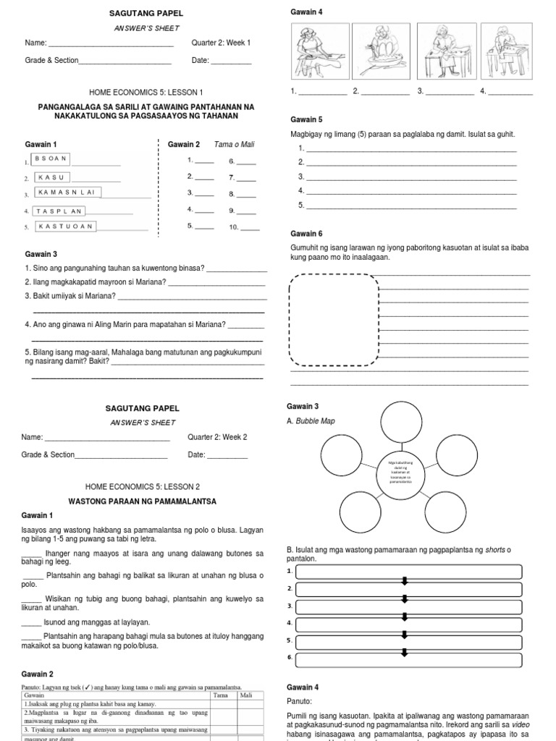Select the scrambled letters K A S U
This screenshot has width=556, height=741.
pyautogui.click(x=51, y=177)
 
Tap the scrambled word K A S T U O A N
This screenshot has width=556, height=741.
pyautogui.click(x=66, y=226)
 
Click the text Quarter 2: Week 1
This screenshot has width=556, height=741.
pyautogui.click(x=221, y=43)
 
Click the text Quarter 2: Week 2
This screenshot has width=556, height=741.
pyautogui.click(x=218, y=437)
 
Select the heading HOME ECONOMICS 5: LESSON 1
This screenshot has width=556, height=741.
pyautogui.click(x=146, y=93)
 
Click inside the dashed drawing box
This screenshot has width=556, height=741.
pyautogui.click(x=334, y=321)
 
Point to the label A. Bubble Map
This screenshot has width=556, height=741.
pyautogui.click(x=312, y=421)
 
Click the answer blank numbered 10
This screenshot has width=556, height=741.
pyautogui.click(x=250, y=227)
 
